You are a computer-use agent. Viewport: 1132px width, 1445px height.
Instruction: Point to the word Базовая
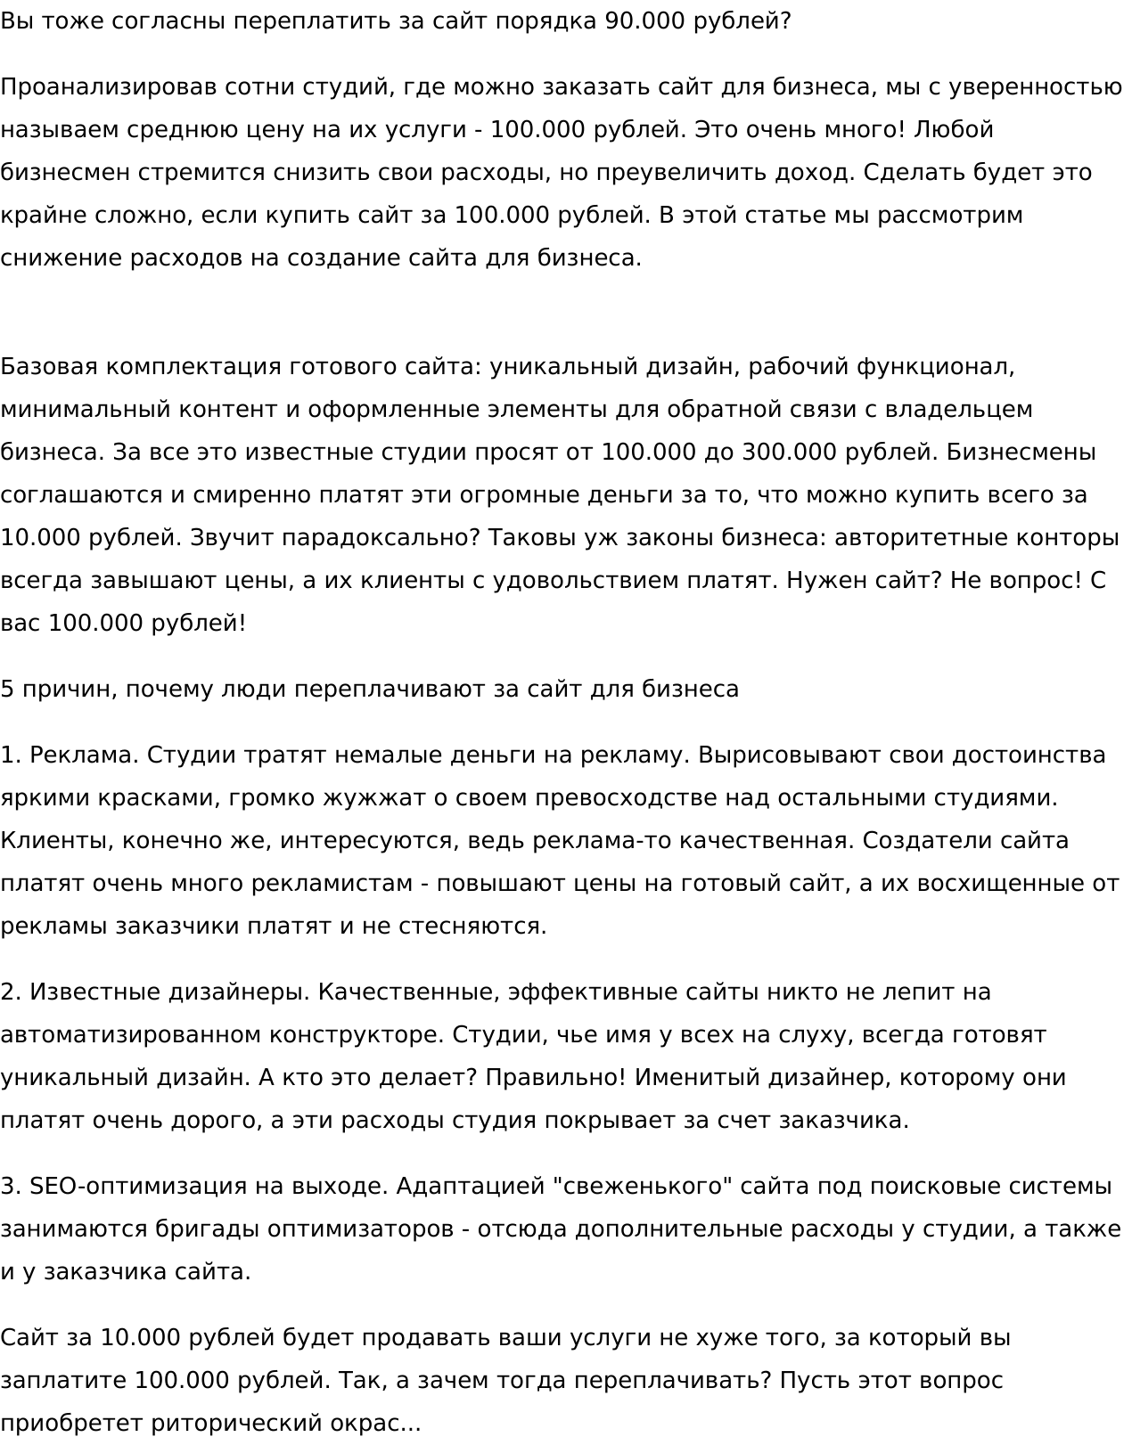[x=48, y=367]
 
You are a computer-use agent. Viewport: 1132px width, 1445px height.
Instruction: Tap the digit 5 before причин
[x=7, y=690]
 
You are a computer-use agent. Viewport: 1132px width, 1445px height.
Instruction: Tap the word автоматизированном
[x=130, y=1035]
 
